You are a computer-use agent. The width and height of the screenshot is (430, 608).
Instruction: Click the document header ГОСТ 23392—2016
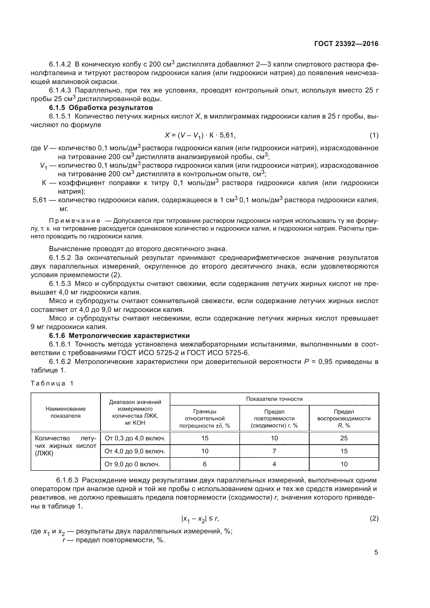click(x=346, y=44)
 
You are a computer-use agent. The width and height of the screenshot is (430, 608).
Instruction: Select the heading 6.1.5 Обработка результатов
click(x=101, y=108)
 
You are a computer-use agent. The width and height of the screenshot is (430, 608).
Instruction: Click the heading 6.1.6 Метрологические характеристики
click(x=119, y=336)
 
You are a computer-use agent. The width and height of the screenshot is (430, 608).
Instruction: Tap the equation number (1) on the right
click(x=374, y=136)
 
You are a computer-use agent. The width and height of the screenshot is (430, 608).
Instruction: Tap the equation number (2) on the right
click(x=374, y=519)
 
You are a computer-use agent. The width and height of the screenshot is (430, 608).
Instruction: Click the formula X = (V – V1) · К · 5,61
click(x=200, y=136)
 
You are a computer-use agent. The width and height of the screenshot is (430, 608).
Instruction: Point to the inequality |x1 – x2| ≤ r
click(x=200, y=519)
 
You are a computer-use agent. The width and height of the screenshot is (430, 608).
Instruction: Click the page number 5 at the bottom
click(x=376, y=552)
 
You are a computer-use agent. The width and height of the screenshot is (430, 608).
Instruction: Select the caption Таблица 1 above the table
click(x=52, y=383)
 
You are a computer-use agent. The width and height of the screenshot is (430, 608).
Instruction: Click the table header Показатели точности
click(x=274, y=399)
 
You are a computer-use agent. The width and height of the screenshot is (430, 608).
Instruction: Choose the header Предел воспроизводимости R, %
click(x=344, y=419)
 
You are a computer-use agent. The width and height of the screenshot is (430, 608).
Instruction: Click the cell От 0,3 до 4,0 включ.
click(x=135, y=438)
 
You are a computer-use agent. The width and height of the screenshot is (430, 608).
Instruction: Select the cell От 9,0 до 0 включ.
click(x=132, y=464)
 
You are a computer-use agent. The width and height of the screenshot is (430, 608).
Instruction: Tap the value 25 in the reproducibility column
click(x=344, y=438)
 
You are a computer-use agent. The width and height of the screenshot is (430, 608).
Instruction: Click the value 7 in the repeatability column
click(x=274, y=451)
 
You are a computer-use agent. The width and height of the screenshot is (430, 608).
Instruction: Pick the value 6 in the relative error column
click(x=204, y=464)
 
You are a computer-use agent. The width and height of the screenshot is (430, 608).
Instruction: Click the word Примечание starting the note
click(x=75, y=221)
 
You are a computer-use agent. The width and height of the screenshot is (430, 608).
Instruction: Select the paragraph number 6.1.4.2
click(x=60, y=64)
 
